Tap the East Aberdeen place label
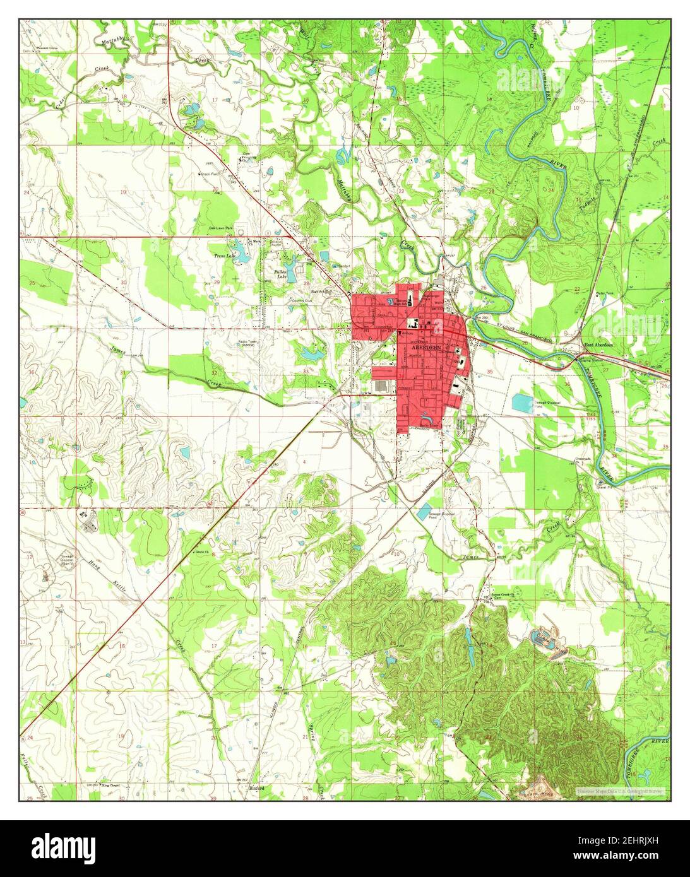[x=598, y=345]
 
